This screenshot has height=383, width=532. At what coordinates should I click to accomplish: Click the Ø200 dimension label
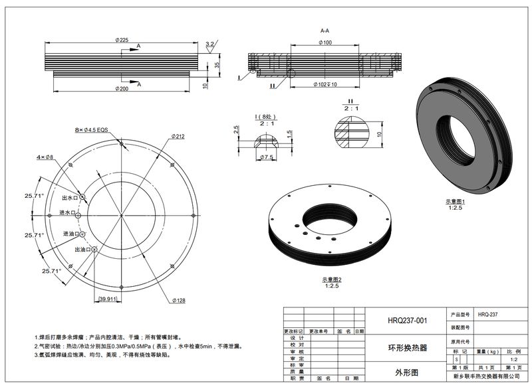click(x=121, y=88)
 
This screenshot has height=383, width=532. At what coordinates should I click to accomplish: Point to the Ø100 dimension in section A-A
click(x=325, y=43)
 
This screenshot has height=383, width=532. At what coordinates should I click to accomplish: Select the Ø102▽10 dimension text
click(x=325, y=84)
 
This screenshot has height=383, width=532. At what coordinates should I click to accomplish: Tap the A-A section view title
click(x=325, y=31)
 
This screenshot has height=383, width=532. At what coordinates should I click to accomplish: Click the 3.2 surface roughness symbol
click(x=210, y=44)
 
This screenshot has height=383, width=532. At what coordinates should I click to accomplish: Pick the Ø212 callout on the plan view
click(x=178, y=136)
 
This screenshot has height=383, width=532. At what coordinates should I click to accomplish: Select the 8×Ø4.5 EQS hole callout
click(x=91, y=130)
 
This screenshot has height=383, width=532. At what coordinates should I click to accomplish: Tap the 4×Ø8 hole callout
click(x=45, y=157)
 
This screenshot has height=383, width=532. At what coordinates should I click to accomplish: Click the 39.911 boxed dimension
click(x=106, y=300)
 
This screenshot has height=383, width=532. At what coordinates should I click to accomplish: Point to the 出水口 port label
click(x=69, y=197)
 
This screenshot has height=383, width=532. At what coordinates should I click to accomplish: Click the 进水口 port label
click(x=67, y=212)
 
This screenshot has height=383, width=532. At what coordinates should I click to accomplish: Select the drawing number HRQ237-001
click(x=407, y=321)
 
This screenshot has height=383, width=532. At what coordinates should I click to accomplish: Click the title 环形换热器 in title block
click(x=407, y=347)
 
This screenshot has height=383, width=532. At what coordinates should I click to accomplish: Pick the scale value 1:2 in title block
click(x=513, y=359)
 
